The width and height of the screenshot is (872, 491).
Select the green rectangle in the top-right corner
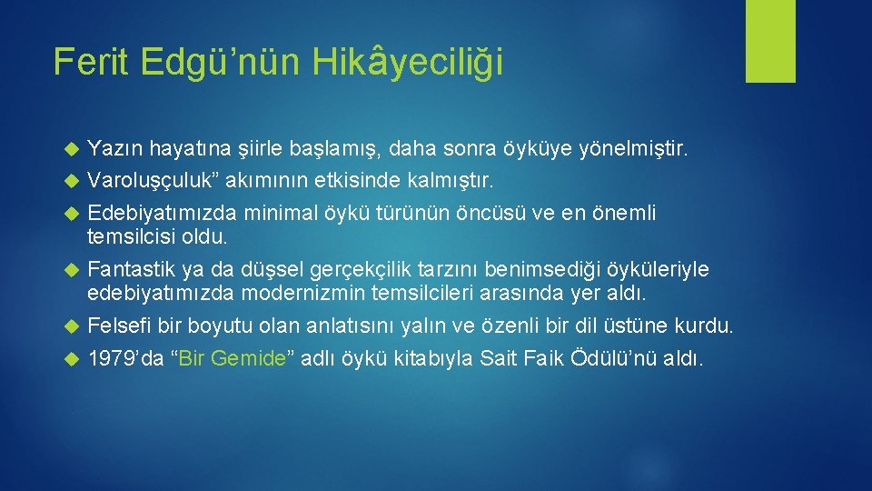tap(770, 41)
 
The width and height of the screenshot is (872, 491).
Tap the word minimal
tap(278, 214)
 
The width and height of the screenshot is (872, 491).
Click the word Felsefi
tap(119, 326)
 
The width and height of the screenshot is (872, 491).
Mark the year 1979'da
tap(125, 358)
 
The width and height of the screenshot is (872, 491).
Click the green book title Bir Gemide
tap(230, 358)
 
